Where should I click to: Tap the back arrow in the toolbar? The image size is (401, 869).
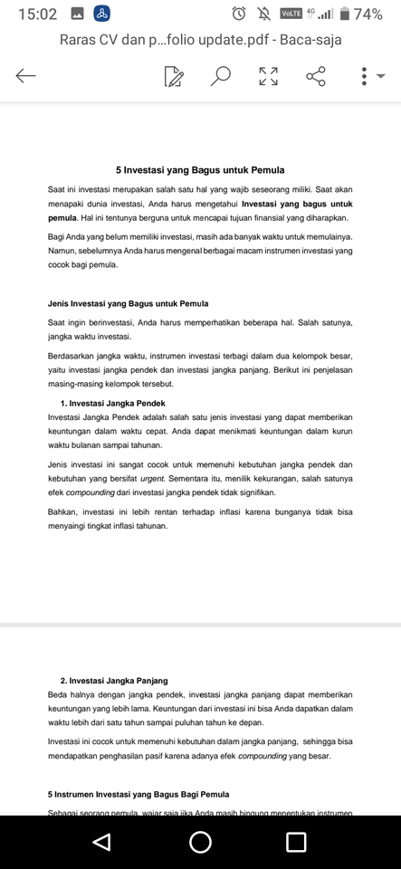tap(26, 76)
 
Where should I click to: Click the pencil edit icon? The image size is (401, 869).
tap(174, 77)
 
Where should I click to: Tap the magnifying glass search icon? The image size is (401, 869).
tap(221, 76)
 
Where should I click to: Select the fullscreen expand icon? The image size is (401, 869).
tap(269, 76)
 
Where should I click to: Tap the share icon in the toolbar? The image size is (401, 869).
tap(316, 76)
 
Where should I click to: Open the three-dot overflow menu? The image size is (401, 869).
tap(364, 76)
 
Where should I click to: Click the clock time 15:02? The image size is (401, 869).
tap(37, 14)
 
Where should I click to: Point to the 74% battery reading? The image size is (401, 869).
tap(368, 14)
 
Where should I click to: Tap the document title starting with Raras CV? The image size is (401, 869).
tap(200, 40)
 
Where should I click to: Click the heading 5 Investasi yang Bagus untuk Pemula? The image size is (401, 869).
tap(200, 169)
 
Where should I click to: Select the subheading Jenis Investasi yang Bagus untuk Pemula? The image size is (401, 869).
tap(128, 303)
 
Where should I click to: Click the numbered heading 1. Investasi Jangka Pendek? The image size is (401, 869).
tap(113, 403)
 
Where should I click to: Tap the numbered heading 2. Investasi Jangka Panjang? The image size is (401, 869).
tap(114, 680)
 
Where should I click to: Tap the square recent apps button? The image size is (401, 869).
tap(296, 842)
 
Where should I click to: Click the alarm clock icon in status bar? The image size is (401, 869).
tap(239, 14)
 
